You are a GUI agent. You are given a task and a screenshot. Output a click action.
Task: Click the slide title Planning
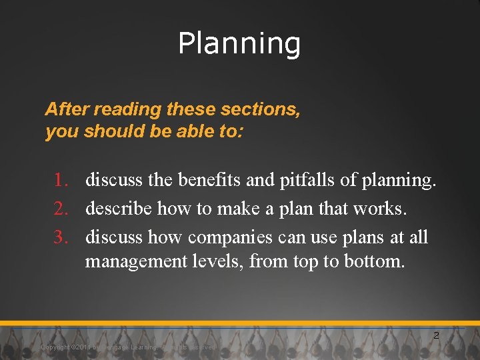[239, 44]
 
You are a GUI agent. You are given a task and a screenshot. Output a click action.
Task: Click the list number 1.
[63, 180]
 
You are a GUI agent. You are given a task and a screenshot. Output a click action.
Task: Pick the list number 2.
[63, 209]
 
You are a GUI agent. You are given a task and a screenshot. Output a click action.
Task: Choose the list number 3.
[63, 237]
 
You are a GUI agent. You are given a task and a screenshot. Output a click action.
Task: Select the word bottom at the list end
[374, 261]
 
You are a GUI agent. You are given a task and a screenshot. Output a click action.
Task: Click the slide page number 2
[436, 335]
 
